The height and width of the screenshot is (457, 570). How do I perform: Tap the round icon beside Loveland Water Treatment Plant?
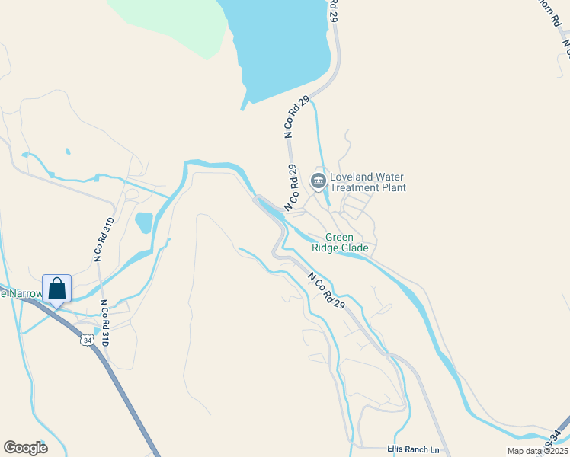click(318, 181)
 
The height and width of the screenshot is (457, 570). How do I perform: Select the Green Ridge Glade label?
click(340, 242)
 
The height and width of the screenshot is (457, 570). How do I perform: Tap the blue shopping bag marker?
click(57, 289)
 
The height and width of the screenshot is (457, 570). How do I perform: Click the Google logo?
click(25, 448)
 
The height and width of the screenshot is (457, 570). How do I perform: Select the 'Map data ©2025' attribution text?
click(538, 451)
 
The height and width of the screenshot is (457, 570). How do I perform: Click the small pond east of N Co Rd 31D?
click(143, 222)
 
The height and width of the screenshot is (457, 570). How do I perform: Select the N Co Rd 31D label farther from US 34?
click(104, 239)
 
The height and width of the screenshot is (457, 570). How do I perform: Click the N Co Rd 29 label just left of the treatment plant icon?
click(290, 188)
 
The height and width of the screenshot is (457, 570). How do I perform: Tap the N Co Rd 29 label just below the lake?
click(296, 117)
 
